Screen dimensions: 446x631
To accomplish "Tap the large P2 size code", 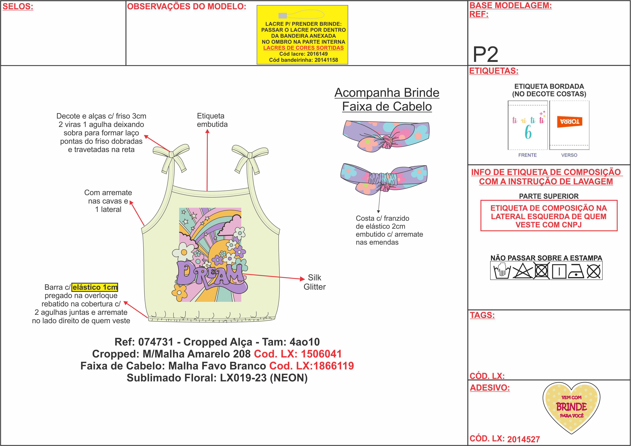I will (x=485, y=55).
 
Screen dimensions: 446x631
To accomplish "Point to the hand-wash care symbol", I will (x=502, y=271).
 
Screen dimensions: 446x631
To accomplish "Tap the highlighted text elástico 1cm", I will (x=95, y=287).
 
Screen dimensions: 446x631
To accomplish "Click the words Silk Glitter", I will (x=314, y=282).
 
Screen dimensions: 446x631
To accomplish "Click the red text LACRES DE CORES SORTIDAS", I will (x=303, y=48).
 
